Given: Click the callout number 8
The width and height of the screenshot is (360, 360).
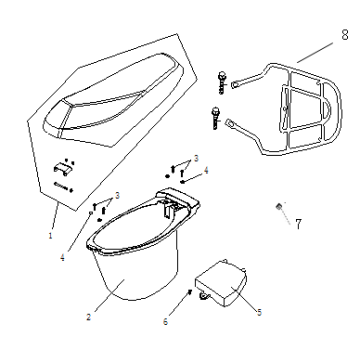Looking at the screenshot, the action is [x=345, y=35].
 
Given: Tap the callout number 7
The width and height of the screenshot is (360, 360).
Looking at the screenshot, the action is [x=298, y=224].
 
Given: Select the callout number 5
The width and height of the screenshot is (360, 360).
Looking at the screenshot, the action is [x=259, y=312].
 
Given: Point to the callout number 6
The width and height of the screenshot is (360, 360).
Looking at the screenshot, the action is [x=165, y=322].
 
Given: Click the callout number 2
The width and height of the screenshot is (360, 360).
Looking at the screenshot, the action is [x=88, y=317].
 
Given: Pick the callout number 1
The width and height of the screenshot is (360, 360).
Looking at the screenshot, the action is [x=51, y=236].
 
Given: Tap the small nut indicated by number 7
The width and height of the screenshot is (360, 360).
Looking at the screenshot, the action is [x=279, y=207].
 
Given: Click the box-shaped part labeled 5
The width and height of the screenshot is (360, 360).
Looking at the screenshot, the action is [x=222, y=283].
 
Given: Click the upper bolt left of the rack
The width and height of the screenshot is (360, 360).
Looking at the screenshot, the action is [x=222, y=83].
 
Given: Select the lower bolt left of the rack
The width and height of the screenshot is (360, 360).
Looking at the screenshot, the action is [x=215, y=118].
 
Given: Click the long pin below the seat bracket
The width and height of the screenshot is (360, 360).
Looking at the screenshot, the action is [x=62, y=186].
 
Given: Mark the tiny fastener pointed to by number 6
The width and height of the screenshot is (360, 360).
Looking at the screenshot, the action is [x=190, y=292].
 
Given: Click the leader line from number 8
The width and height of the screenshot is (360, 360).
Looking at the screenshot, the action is [x=315, y=52].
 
